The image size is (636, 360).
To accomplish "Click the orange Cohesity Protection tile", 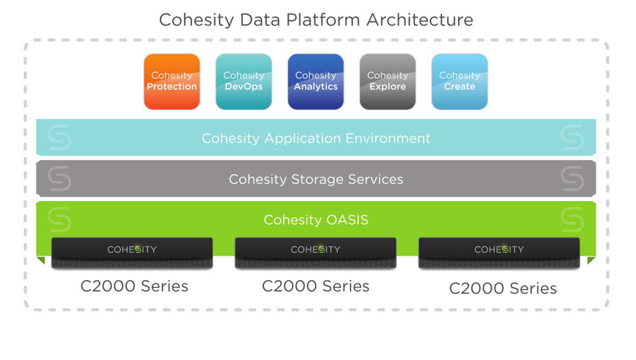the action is pos(172,81).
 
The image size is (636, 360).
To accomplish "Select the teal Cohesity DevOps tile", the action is pos(244,81).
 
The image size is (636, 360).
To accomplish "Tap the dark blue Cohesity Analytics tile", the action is pos(315,81).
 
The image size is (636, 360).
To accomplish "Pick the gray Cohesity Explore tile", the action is pos(388,81).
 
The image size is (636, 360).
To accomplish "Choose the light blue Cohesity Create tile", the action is pos(460,81).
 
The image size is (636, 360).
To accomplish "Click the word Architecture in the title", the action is pos(420,20).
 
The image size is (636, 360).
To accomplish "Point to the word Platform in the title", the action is pos(323,20).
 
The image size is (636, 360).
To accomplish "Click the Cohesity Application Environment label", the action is pos(316,139).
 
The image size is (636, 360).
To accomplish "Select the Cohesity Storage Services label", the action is pos(316,179).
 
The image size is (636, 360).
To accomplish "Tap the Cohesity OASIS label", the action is pos(316,219).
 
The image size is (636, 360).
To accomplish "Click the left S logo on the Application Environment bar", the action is pos(60,137).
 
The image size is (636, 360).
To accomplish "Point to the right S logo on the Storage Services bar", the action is pos(572,178).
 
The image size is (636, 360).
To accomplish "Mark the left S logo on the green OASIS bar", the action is pos(60,219).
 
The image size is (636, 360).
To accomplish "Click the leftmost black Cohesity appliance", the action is pos(132,253).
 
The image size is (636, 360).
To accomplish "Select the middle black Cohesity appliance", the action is pos(315,253).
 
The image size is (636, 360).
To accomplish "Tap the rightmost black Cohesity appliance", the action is pos(499,253).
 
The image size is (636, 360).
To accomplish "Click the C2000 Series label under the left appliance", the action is pos(134,286).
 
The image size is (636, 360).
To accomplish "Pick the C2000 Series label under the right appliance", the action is pos(503,289).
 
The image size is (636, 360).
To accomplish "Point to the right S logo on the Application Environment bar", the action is pos(572,137).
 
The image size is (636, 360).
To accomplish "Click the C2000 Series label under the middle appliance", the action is pos(315,286).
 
